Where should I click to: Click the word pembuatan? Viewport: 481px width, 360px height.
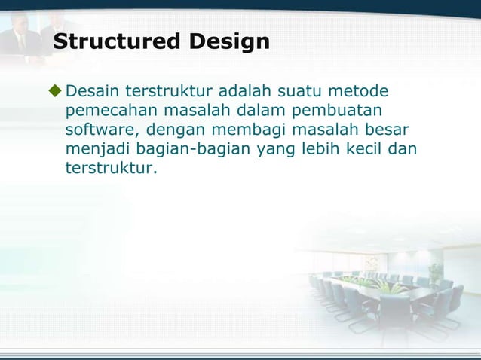[x=344, y=111]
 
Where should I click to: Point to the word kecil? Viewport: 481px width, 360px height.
[x=364, y=148]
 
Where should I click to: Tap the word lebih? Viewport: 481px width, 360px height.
[x=320, y=148]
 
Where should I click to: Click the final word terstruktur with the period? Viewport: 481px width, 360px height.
[x=112, y=166]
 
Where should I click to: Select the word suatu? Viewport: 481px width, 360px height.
[x=302, y=93]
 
